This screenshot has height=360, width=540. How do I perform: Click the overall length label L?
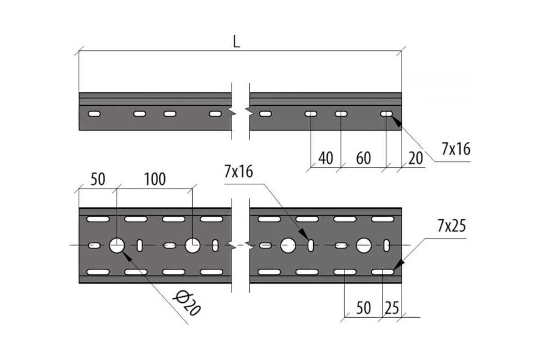point(237,41)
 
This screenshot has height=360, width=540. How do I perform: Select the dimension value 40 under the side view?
point(326,158)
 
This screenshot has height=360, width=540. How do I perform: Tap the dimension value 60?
point(364,158)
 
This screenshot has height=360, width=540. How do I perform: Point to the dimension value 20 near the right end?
point(416,158)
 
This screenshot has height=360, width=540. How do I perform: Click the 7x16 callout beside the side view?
point(456,149)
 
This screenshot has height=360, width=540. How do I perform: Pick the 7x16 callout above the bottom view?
point(238,171)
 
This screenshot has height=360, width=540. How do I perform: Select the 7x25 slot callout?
point(452,226)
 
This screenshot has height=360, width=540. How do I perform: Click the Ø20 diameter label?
point(187,303)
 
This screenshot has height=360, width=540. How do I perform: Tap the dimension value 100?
point(155,179)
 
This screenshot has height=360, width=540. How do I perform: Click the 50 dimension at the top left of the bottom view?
point(98,179)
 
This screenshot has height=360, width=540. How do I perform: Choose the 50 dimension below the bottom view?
point(364,308)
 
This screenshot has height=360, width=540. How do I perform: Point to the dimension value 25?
point(392,308)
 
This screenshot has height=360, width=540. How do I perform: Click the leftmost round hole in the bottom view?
point(117,246)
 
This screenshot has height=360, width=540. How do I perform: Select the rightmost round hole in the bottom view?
point(364,246)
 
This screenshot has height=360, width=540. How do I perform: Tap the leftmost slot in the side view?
point(94,113)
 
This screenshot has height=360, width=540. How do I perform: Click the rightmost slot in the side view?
point(387,113)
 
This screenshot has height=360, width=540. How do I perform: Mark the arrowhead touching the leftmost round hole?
point(127,256)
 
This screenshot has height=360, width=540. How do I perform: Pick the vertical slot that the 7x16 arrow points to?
point(311,246)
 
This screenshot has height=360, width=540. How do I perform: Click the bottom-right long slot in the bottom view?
point(383,272)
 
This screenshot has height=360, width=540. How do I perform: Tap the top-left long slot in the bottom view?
point(98,219)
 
